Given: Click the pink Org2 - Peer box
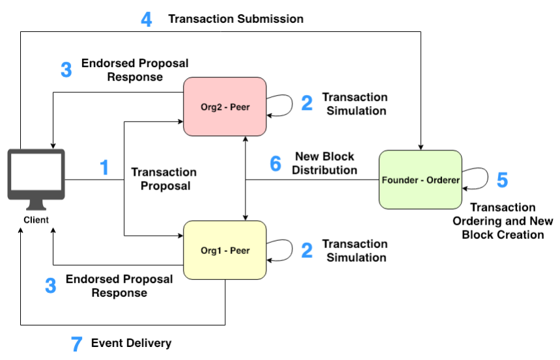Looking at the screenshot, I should click(x=225, y=106).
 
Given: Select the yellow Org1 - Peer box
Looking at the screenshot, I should click(x=225, y=250).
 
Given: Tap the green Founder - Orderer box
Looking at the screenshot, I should click(x=420, y=180).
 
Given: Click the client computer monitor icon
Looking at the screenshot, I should click(x=35, y=174).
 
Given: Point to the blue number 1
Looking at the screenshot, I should click(x=104, y=167).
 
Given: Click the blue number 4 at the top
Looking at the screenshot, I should click(x=147, y=20).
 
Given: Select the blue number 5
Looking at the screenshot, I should click(x=502, y=180).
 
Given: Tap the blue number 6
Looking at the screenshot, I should click(x=275, y=164).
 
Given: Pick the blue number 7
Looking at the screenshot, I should click(x=77, y=344).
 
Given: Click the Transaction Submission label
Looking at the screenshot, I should click(x=236, y=19).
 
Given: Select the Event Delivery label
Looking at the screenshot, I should click(x=132, y=343).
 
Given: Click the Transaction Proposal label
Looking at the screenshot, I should click(x=163, y=179).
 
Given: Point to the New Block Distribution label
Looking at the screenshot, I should click(x=324, y=163).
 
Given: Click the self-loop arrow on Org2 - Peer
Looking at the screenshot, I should click(x=281, y=105).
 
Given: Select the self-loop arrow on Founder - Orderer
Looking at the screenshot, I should click(x=477, y=178).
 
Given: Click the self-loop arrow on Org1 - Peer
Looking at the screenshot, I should click(x=281, y=249).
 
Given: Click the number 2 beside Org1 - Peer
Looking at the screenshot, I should click(x=307, y=250).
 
